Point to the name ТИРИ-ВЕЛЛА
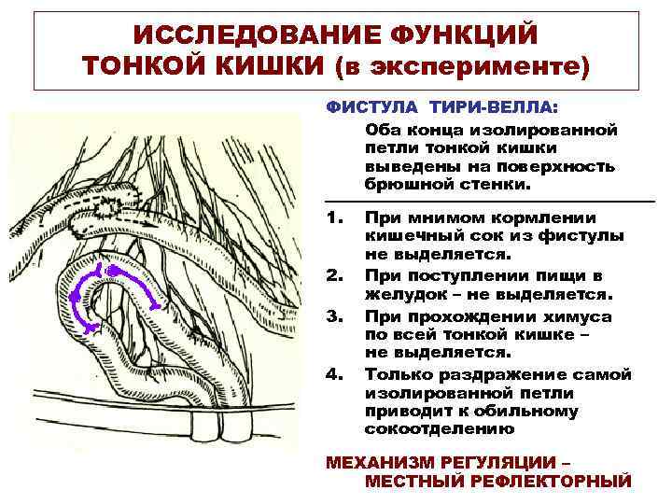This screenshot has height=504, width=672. click(x=483, y=108)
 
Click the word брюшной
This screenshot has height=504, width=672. click(x=407, y=185)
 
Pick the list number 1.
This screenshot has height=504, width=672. click(x=333, y=218)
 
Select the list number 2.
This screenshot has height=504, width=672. click(x=333, y=277)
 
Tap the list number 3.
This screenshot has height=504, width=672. click(x=333, y=316)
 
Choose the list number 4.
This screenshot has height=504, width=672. click(x=333, y=375)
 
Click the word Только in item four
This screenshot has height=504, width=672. click(x=401, y=375)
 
